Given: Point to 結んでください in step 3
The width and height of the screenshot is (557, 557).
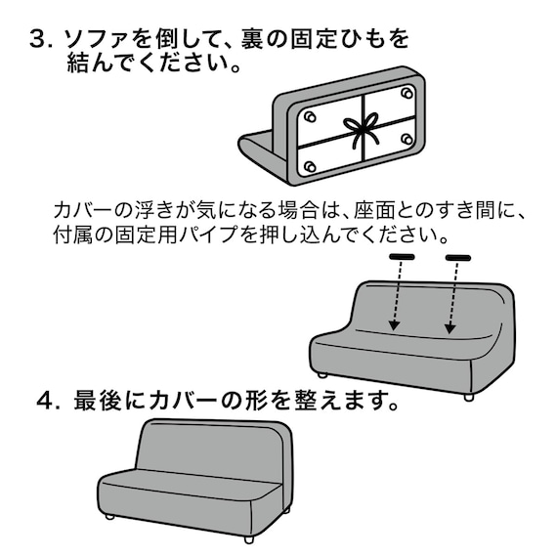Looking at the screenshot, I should tap(147, 65).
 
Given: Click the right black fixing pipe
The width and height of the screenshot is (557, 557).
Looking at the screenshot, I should tap(458, 258).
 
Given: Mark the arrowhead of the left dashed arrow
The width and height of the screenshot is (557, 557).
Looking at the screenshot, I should tap(392, 329).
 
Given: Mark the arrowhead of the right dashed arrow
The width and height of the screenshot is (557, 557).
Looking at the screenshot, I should tap(450, 331).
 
